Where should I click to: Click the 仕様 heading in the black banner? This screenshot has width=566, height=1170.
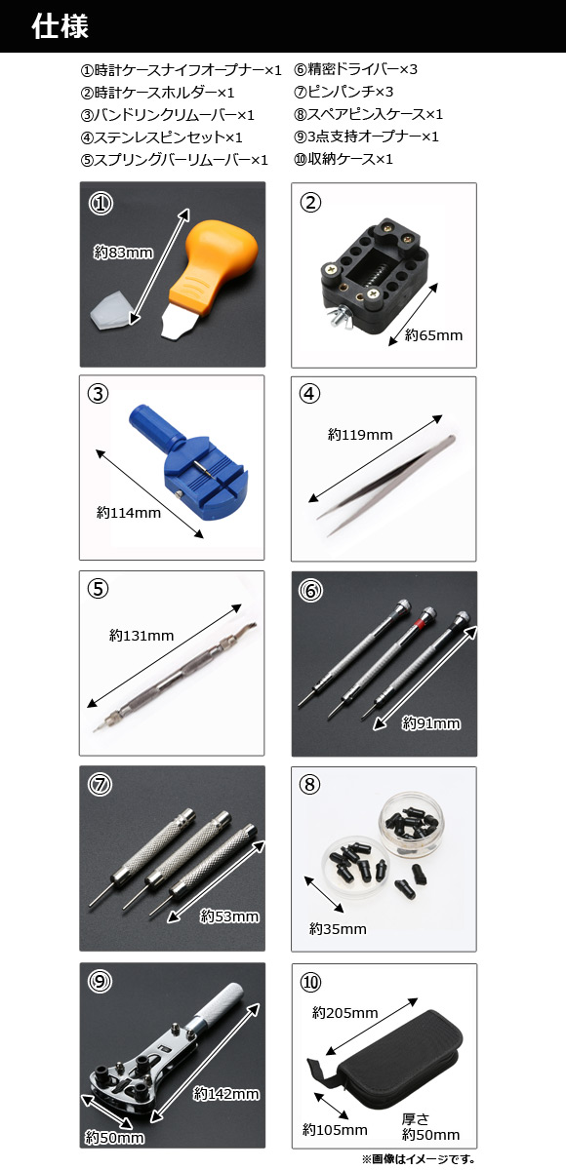click(61, 26)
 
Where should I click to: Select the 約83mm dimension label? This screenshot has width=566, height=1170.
click(124, 253)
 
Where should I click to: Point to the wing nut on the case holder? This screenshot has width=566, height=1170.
click(336, 318)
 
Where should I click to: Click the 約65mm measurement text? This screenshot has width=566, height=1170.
click(434, 335)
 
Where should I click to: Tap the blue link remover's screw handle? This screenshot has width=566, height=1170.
click(155, 428)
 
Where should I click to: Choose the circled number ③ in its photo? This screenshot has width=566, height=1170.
click(98, 394)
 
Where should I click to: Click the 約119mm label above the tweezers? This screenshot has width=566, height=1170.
click(360, 435)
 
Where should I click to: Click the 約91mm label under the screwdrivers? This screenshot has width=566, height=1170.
click(431, 723)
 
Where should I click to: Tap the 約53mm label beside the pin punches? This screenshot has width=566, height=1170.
click(229, 916)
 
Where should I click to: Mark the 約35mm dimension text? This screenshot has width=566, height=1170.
click(339, 928)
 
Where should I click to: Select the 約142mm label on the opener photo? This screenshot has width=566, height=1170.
click(226, 1093)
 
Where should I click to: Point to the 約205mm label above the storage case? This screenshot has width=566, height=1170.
click(344, 1013)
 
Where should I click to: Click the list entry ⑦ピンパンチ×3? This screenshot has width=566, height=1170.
click(344, 92)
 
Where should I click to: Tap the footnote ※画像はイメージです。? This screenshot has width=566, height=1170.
click(419, 1159)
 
